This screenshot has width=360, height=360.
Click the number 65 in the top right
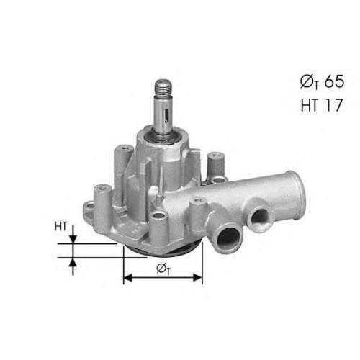(x=334, y=82)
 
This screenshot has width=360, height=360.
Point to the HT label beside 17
(x=310, y=105)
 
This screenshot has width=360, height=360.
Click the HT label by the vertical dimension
(x=60, y=227)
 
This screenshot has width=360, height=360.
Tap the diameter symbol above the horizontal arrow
(x=163, y=269)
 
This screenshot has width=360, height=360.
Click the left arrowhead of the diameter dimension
(x=127, y=278)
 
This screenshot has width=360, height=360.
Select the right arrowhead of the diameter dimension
(x=198, y=278)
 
